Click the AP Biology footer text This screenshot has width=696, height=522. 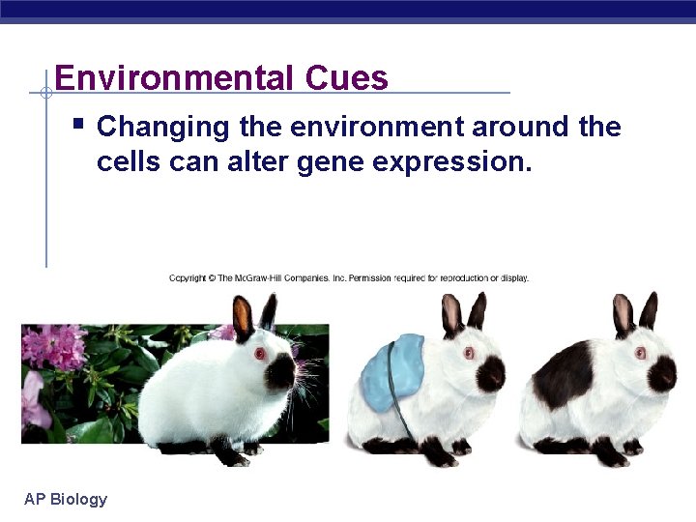click(x=66, y=499)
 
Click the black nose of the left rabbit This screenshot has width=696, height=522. click(x=281, y=371)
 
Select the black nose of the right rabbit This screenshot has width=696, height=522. click(x=662, y=371)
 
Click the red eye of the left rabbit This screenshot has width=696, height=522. click(x=259, y=354)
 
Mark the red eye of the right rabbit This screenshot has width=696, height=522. click(x=641, y=353)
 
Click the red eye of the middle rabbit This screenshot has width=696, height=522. click(x=469, y=353)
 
